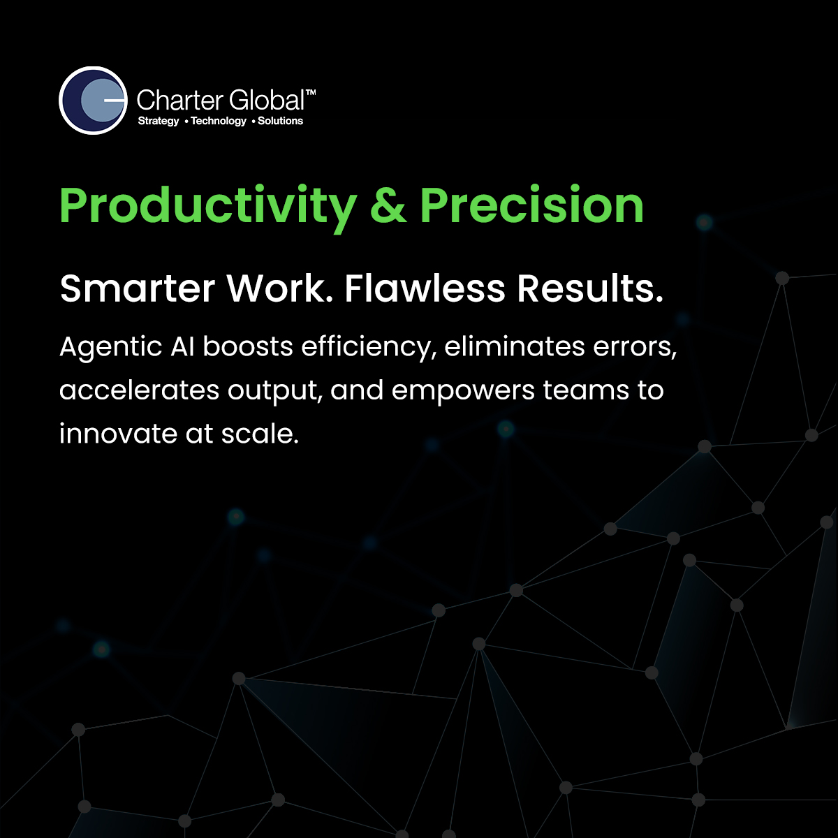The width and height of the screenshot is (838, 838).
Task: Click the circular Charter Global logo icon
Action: click(93, 101)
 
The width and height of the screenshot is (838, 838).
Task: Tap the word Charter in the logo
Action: click(180, 100)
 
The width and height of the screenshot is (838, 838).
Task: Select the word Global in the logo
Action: click(266, 100)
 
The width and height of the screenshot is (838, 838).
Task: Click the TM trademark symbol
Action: click(311, 93)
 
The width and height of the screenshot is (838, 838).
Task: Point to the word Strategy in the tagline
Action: click(159, 122)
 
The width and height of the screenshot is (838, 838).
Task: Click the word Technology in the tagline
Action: click(219, 122)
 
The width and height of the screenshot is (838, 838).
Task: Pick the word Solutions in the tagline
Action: click(280, 121)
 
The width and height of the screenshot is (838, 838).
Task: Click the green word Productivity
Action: click(208, 206)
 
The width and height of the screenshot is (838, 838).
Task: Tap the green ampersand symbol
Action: click(388, 205)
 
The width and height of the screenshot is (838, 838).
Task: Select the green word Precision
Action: click(531, 205)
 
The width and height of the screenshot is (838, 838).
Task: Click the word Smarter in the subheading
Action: click(138, 288)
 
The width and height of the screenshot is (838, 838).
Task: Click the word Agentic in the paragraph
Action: click(110, 348)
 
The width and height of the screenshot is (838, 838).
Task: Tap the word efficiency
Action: click(369, 348)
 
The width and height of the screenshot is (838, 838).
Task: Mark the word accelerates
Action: click(139, 390)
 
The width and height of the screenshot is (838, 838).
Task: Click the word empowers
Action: click(463, 391)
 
